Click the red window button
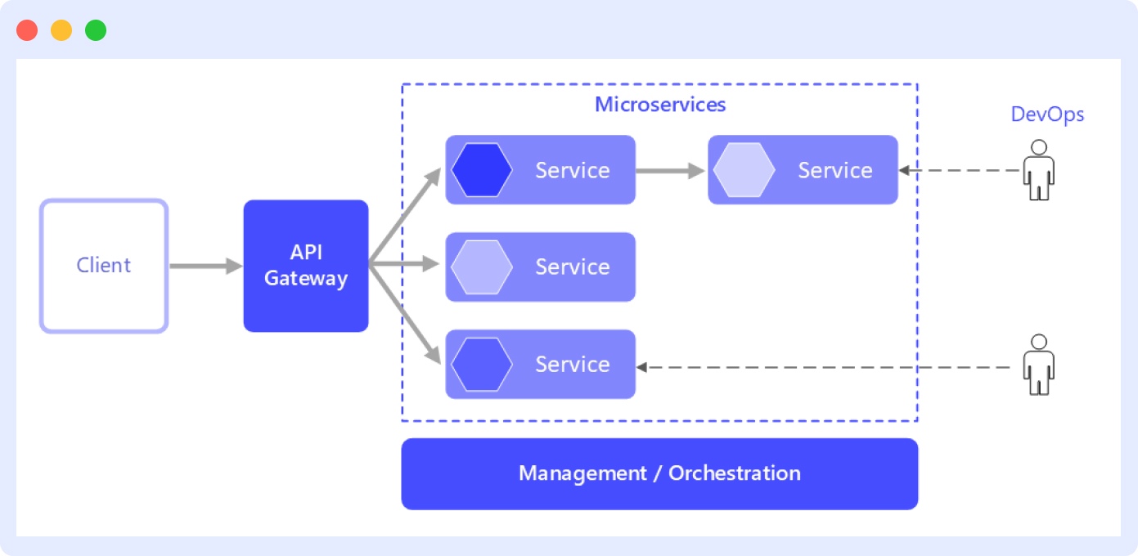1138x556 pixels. point(27,30)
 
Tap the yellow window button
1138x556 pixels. point(61,30)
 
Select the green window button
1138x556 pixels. point(96,30)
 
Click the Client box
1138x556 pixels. point(104,266)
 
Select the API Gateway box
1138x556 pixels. point(306,266)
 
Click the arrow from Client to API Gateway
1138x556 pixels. point(205,266)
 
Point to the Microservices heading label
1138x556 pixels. point(659,105)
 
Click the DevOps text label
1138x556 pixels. point(1047,114)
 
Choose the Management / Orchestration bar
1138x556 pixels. point(659,473)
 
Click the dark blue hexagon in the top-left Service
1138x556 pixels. point(482,170)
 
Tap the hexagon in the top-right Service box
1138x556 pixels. point(744,170)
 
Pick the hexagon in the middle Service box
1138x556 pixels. point(482,267)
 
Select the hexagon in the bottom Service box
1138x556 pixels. point(482,364)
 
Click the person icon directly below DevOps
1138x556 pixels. point(1038,170)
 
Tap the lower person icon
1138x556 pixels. point(1038,365)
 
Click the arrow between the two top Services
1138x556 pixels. point(670,170)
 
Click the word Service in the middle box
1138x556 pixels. point(572,267)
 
